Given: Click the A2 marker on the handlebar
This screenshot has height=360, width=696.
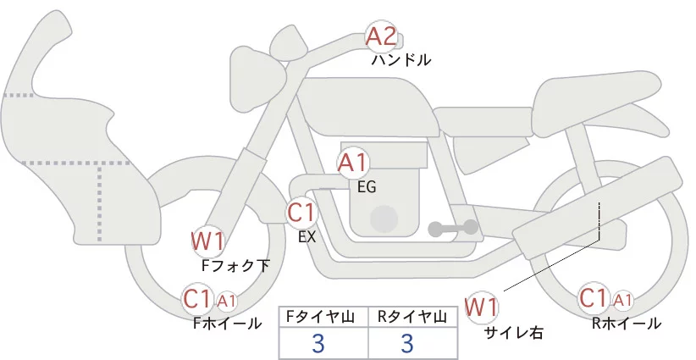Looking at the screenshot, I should (x=380, y=36).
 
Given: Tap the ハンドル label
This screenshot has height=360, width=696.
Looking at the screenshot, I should (x=401, y=60).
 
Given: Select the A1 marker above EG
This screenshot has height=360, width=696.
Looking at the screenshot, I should (x=352, y=163).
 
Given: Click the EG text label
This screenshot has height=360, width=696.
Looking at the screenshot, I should (x=367, y=186).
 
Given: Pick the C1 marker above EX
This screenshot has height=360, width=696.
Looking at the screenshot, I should (x=301, y=212).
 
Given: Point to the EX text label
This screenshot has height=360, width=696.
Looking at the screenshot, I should (x=307, y=237).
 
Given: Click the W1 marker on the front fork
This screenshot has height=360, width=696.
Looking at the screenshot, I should (x=207, y=241).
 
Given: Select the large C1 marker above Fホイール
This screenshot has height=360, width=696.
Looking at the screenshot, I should (x=198, y=298).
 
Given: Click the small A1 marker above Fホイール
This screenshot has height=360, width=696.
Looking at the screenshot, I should (x=227, y=300).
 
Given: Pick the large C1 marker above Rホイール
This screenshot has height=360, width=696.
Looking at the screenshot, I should (x=594, y=298).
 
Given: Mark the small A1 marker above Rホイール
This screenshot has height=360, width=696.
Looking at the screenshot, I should (x=622, y=300).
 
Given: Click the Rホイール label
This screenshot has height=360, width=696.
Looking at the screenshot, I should (x=627, y=323).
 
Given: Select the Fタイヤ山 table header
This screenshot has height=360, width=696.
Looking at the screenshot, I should (x=323, y=317).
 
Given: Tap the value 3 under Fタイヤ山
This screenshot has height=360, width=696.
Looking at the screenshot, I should (x=318, y=344).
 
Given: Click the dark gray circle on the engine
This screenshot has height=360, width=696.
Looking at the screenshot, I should (x=386, y=219).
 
